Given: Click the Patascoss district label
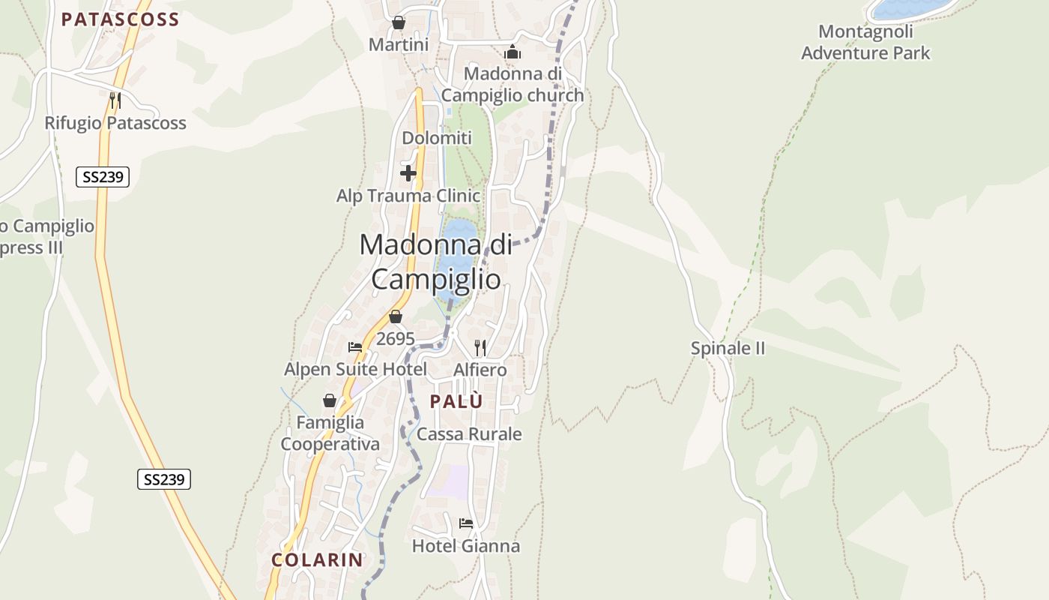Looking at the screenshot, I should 120,19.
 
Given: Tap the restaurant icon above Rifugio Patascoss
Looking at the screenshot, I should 115,100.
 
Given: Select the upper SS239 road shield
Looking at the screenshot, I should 103,177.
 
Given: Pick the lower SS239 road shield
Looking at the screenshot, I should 164,479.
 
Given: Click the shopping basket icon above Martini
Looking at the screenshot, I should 399,23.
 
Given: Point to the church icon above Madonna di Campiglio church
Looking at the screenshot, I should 513,52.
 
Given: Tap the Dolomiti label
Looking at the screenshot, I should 437,138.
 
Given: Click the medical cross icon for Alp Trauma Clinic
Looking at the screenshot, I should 408,174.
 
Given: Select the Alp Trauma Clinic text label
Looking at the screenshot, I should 408,196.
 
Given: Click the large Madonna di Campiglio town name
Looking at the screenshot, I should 436,261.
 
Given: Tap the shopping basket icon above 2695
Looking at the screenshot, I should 396,317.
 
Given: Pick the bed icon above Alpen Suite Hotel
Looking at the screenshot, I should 355,347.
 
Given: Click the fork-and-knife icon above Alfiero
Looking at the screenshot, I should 480,347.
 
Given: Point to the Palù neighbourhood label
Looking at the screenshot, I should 456,402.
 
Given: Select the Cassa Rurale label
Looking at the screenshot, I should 469,434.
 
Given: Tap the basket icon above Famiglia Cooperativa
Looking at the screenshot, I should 330,400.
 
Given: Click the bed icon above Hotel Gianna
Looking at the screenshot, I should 466,523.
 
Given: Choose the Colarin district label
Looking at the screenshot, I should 317,559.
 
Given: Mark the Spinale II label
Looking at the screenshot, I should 728,348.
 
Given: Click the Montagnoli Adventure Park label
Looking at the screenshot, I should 865,42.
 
